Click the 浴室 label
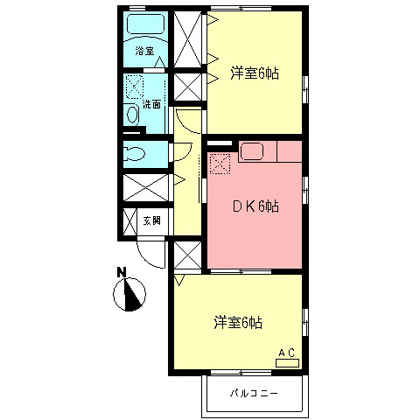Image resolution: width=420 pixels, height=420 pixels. [x=144, y=51]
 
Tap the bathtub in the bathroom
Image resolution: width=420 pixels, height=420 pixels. [x=145, y=24]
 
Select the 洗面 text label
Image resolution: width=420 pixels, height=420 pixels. [x=152, y=104]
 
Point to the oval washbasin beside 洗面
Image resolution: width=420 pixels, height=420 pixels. [x=132, y=115]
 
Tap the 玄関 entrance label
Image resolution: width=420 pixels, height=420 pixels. [x=151, y=220]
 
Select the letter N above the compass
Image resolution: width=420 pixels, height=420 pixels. [x=123, y=271]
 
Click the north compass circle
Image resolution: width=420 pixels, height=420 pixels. [x=129, y=295]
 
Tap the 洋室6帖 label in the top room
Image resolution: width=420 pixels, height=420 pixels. [x=255, y=73]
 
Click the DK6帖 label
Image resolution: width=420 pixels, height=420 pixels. [x=255, y=206]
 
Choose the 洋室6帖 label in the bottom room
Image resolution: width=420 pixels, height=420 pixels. [x=238, y=323]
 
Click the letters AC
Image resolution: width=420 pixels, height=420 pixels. [x=286, y=352]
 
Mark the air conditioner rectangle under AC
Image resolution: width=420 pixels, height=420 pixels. [x=287, y=362]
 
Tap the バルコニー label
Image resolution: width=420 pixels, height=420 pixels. [x=255, y=393]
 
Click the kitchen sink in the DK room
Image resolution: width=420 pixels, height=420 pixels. [x=253, y=151]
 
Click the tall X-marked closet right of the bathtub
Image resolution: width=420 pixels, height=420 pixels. [x=188, y=39]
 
